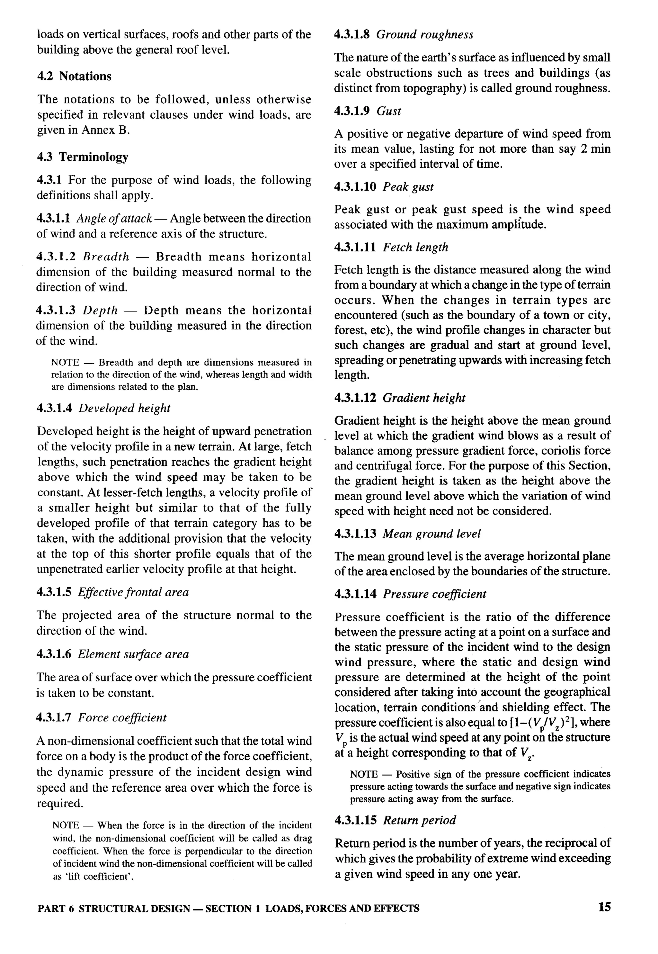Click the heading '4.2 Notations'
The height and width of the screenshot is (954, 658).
(74, 76)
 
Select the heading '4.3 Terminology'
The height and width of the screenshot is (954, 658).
(83, 157)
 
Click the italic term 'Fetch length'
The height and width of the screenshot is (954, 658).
(415, 247)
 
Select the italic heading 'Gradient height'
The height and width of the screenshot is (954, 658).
(424, 398)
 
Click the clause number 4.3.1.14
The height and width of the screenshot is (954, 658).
(355, 594)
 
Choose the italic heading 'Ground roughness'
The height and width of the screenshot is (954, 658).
(425, 35)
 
